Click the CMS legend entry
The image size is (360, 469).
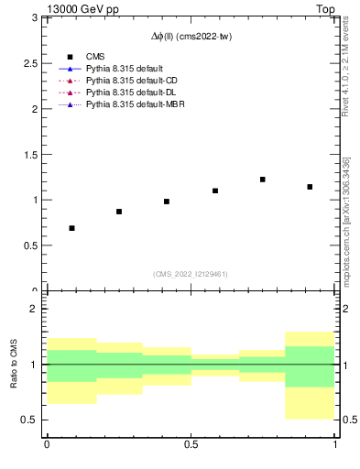(x=94, y=55)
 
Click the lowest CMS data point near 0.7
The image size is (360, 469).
(x=71, y=228)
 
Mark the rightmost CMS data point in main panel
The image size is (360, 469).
(x=311, y=187)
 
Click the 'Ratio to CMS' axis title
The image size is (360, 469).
(x=15, y=365)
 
